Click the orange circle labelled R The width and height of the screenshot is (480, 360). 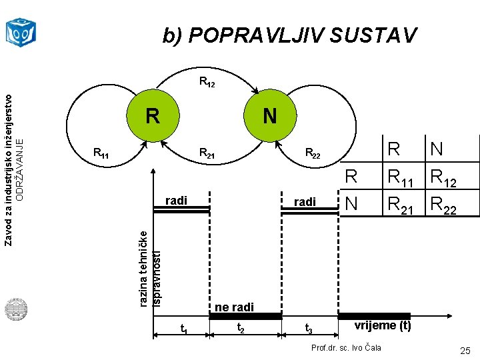point(153,116)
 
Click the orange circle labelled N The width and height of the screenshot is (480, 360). point(269,116)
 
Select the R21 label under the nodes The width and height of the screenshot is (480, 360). point(207,155)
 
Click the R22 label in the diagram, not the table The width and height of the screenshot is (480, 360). point(313,155)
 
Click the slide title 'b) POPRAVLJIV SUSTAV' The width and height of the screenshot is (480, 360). point(290,35)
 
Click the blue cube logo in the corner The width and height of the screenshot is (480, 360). point(21,31)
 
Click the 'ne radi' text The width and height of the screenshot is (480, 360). point(234,307)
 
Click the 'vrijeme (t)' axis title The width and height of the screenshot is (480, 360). point(382,325)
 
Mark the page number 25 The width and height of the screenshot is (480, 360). point(464,351)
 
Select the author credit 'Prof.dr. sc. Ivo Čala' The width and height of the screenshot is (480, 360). point(347,347)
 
